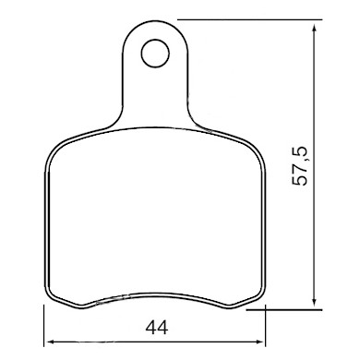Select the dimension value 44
(154, 327)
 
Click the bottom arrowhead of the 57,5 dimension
(316, 304)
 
